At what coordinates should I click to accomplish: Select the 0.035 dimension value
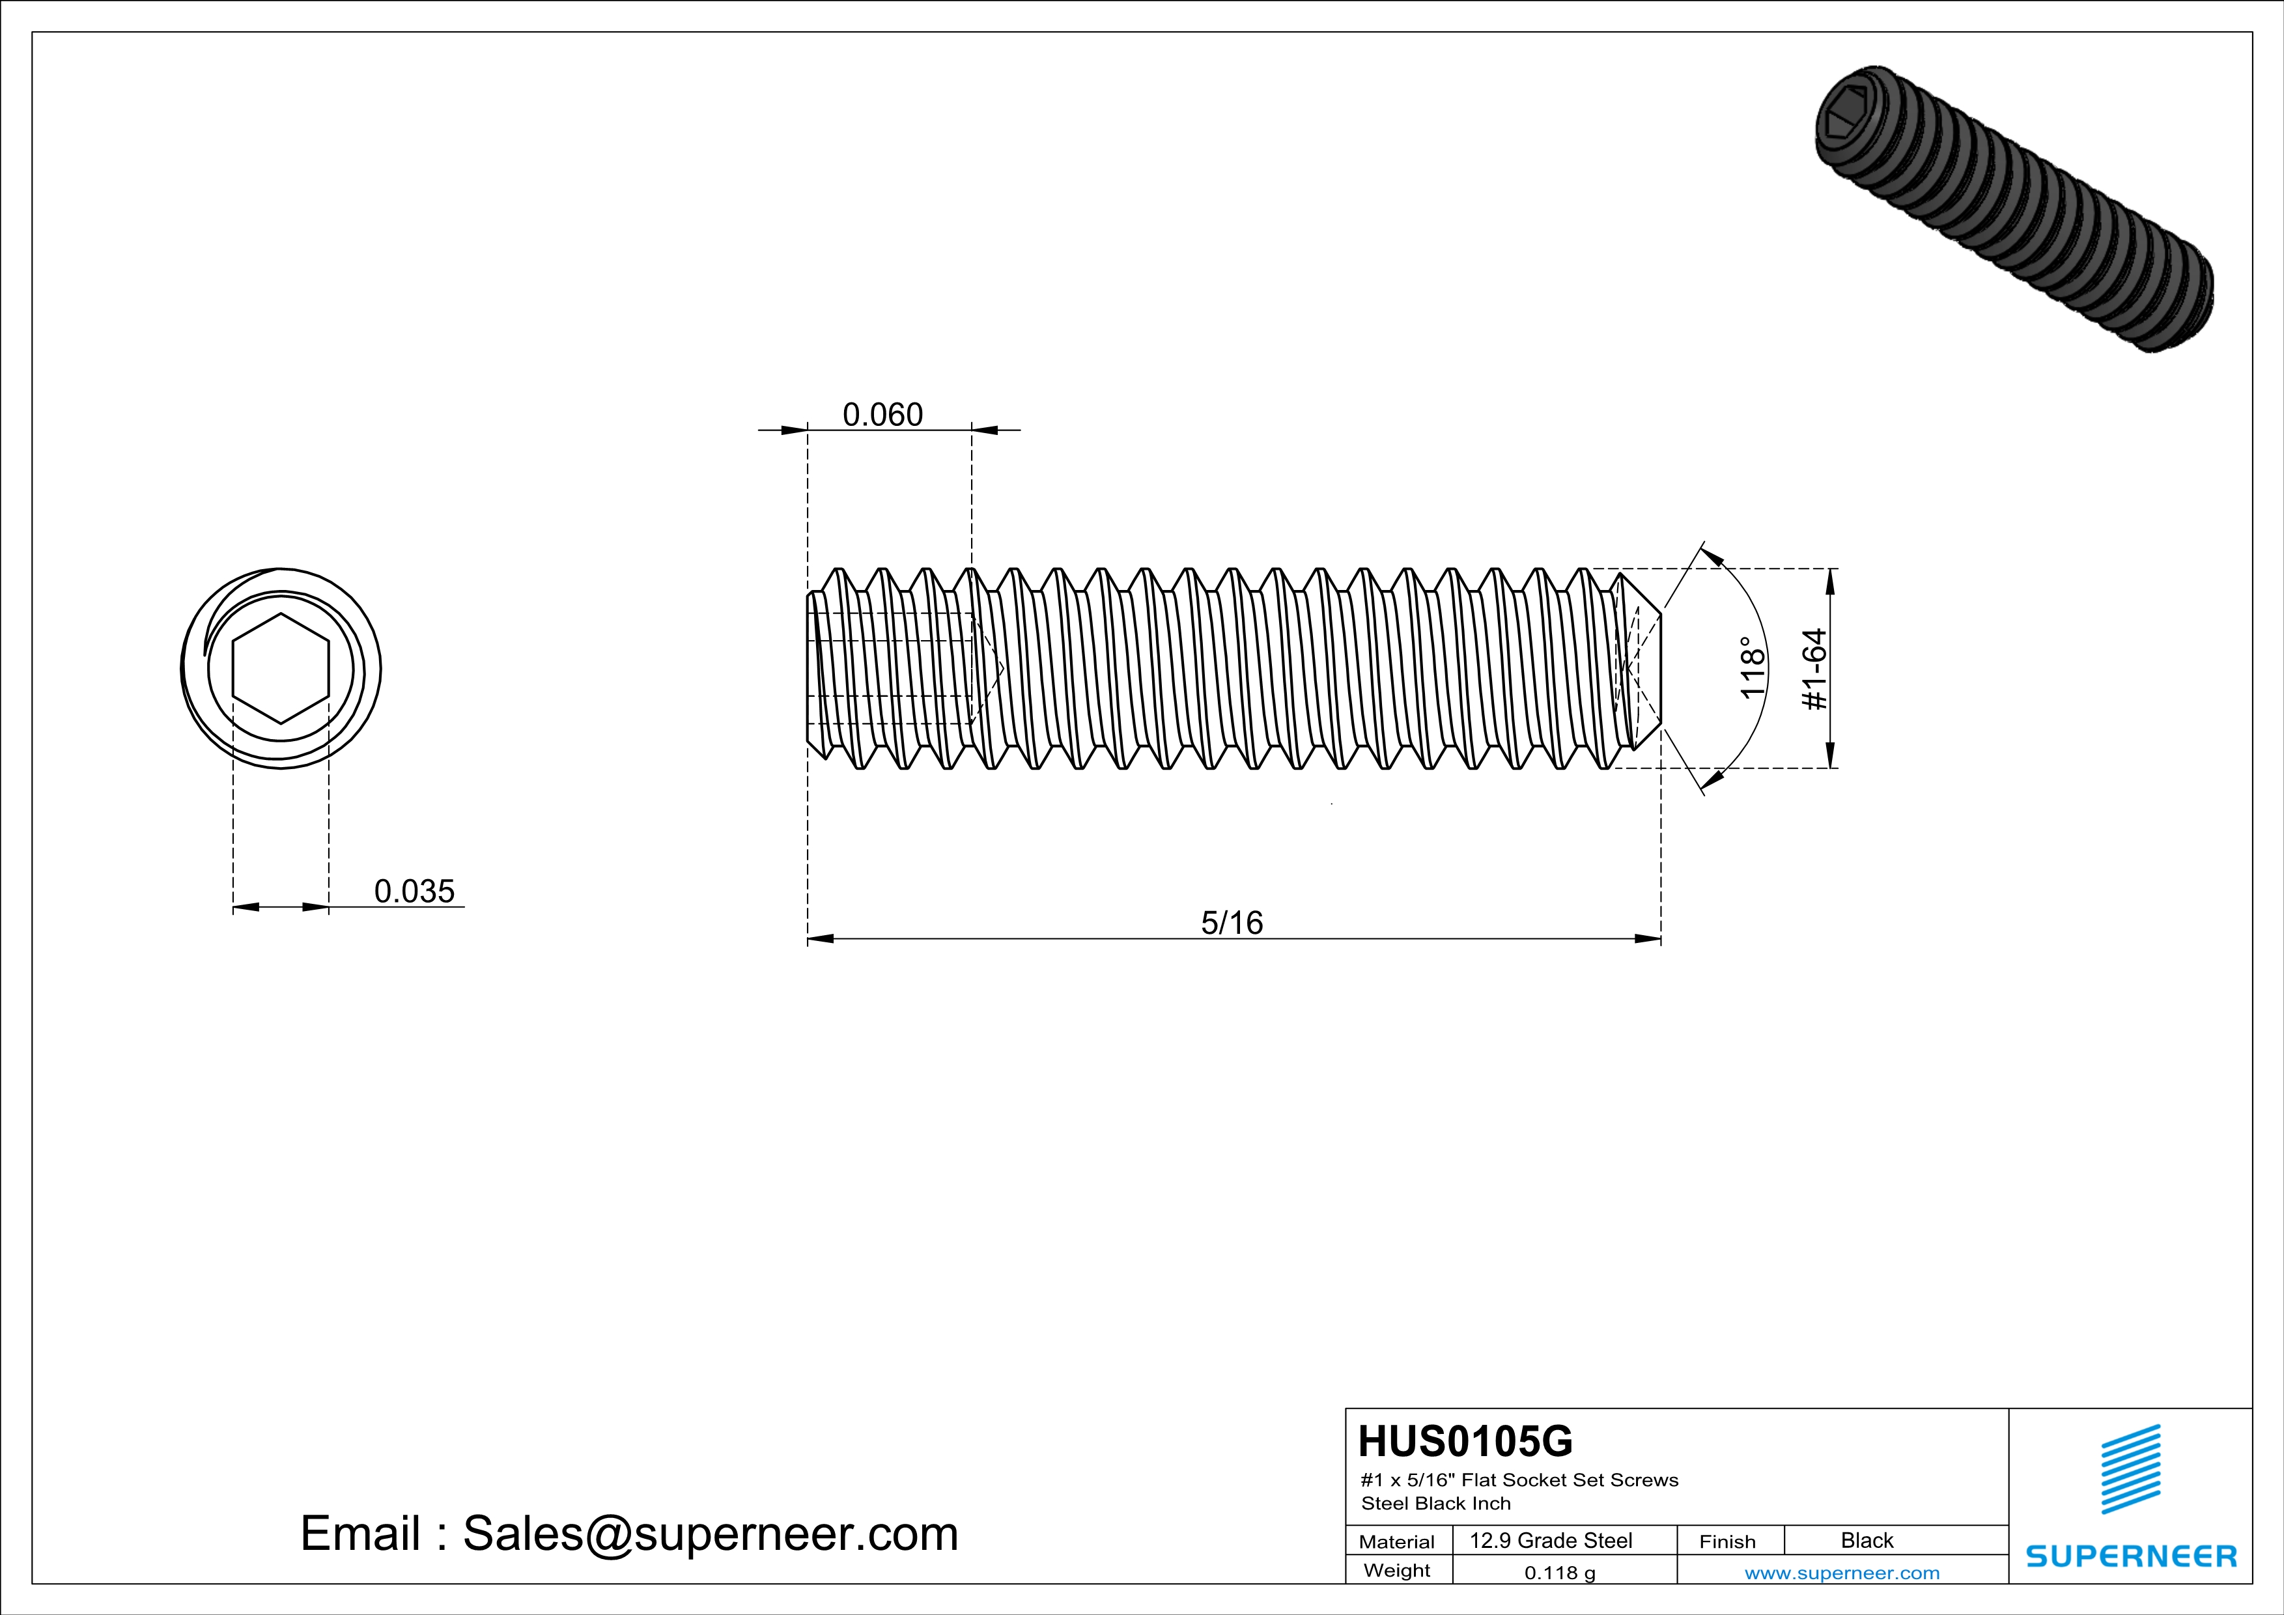coord(414,891)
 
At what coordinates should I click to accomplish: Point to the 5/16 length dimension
coord(1232,923)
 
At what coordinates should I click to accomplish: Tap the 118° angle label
coord(1752,668)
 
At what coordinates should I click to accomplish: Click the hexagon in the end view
coord(281,668)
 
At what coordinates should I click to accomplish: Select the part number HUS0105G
coord(1465,1441)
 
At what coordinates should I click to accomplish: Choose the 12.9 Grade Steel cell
coord(1551,1540)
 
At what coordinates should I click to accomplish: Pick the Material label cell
coord(1397,1541)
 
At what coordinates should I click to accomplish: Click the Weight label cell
coord(1397,1570)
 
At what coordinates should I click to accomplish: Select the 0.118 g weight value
coord(1560,1572)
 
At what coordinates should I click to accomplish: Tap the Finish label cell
coord(1727,1541)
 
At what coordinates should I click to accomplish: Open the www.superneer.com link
coord(1841,1572)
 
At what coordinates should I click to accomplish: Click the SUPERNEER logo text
coord(2131,1556)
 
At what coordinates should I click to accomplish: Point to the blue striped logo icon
coord(2131,1469)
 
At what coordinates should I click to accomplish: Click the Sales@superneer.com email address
coord(711,1534)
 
